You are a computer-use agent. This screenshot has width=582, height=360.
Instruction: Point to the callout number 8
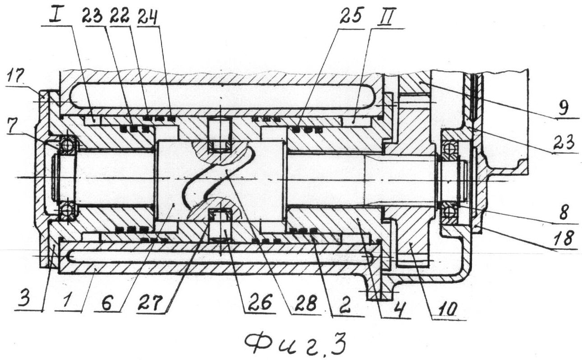click(563, 212)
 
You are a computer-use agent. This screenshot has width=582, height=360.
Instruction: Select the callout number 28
click(306, 303)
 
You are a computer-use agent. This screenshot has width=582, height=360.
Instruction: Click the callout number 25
click(350, 16)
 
